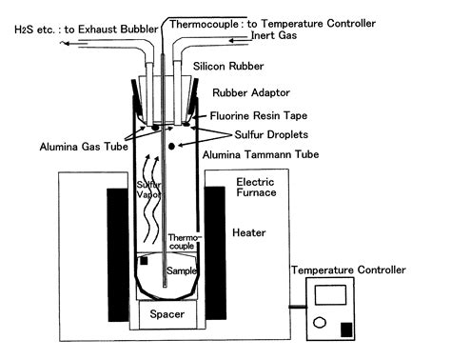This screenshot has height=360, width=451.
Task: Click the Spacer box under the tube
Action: coord(174,313)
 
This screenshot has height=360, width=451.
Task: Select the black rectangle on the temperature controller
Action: coord(345,330)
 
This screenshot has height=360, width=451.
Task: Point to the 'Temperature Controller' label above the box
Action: coord(348,270)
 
